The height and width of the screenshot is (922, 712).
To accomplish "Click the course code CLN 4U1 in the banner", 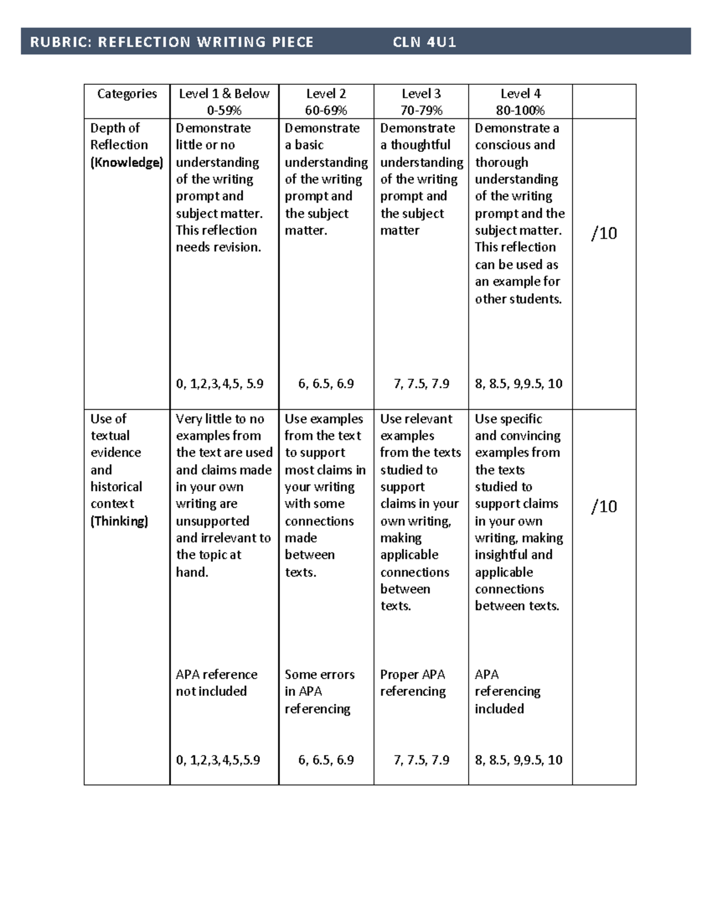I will point(424,42).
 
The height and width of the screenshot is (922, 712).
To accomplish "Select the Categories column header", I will point(127,94).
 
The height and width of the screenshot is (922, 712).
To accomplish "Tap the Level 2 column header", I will point(326,94).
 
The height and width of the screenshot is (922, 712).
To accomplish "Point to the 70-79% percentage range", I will point(421,110).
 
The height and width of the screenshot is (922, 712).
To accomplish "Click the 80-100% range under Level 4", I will point(520,110).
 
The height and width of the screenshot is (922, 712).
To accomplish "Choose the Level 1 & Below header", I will point(224,94).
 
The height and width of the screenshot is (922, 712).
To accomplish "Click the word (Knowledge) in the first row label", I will point(126,162).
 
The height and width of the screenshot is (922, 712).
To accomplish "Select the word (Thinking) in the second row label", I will point(119,521).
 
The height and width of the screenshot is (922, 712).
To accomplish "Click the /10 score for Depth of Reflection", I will point(604,233).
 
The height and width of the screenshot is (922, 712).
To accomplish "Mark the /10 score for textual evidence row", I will point(604,506).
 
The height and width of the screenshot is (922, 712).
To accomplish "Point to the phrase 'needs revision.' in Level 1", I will point(218,248).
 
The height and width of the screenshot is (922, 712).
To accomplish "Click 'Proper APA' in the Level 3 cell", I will point(412,674).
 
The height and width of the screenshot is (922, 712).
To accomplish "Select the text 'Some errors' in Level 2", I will point(319,674).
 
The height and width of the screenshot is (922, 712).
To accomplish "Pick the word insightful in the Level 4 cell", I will point(501,555).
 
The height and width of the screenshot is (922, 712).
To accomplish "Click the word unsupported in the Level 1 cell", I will point(212,521).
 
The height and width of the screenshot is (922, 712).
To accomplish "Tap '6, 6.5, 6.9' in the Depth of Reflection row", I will point(326,384).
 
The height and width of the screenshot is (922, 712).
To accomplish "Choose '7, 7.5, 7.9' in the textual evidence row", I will point(421,760).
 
